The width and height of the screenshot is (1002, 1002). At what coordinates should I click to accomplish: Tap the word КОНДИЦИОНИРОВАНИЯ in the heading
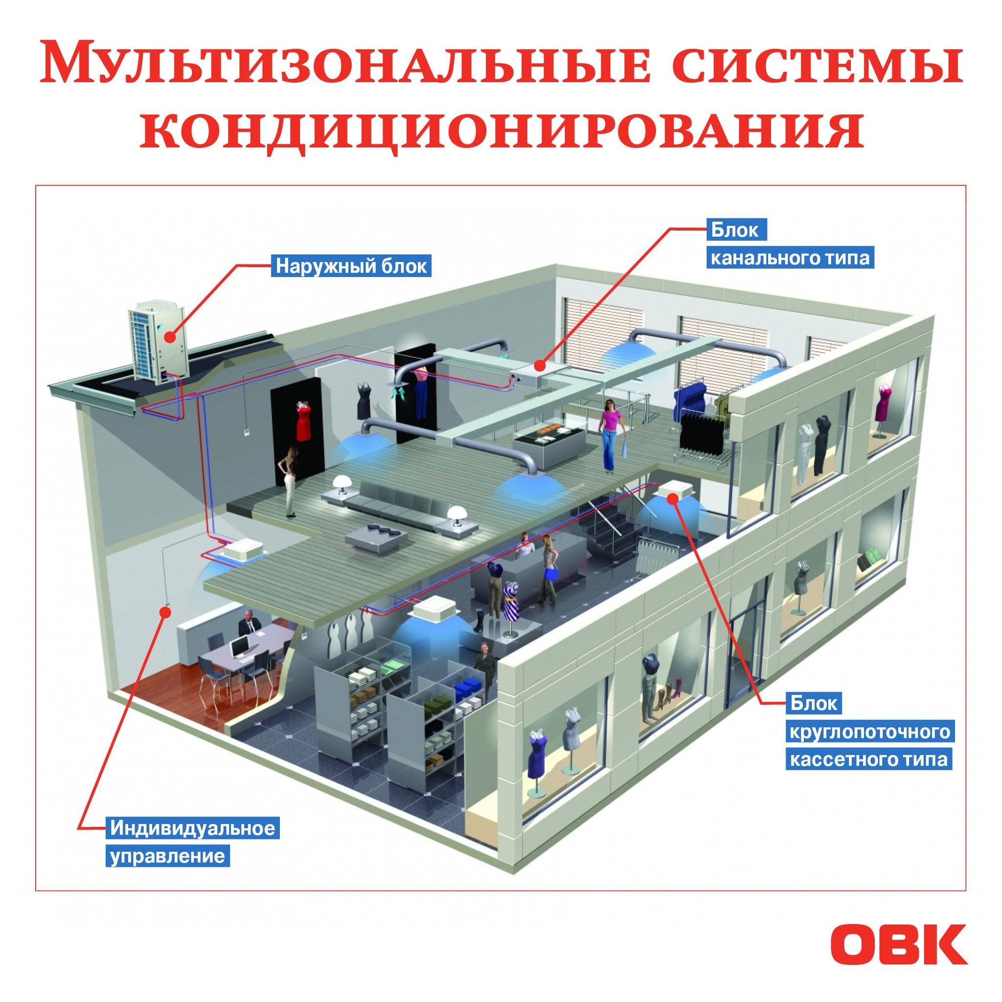[x=501, y=129]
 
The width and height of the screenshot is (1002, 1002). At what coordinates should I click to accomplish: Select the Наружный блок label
[x=352, y=266]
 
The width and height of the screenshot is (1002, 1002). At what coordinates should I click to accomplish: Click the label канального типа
[x=789, y=258]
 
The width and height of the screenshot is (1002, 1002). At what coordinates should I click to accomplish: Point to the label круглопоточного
[x=870, y=732]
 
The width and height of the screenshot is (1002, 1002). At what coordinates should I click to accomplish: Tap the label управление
[x=168, y=856]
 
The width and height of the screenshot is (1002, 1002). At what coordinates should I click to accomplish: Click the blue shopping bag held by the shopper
[x=550, y=573]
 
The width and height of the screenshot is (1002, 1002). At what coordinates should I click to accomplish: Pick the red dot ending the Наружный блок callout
[x=170, y=338]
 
